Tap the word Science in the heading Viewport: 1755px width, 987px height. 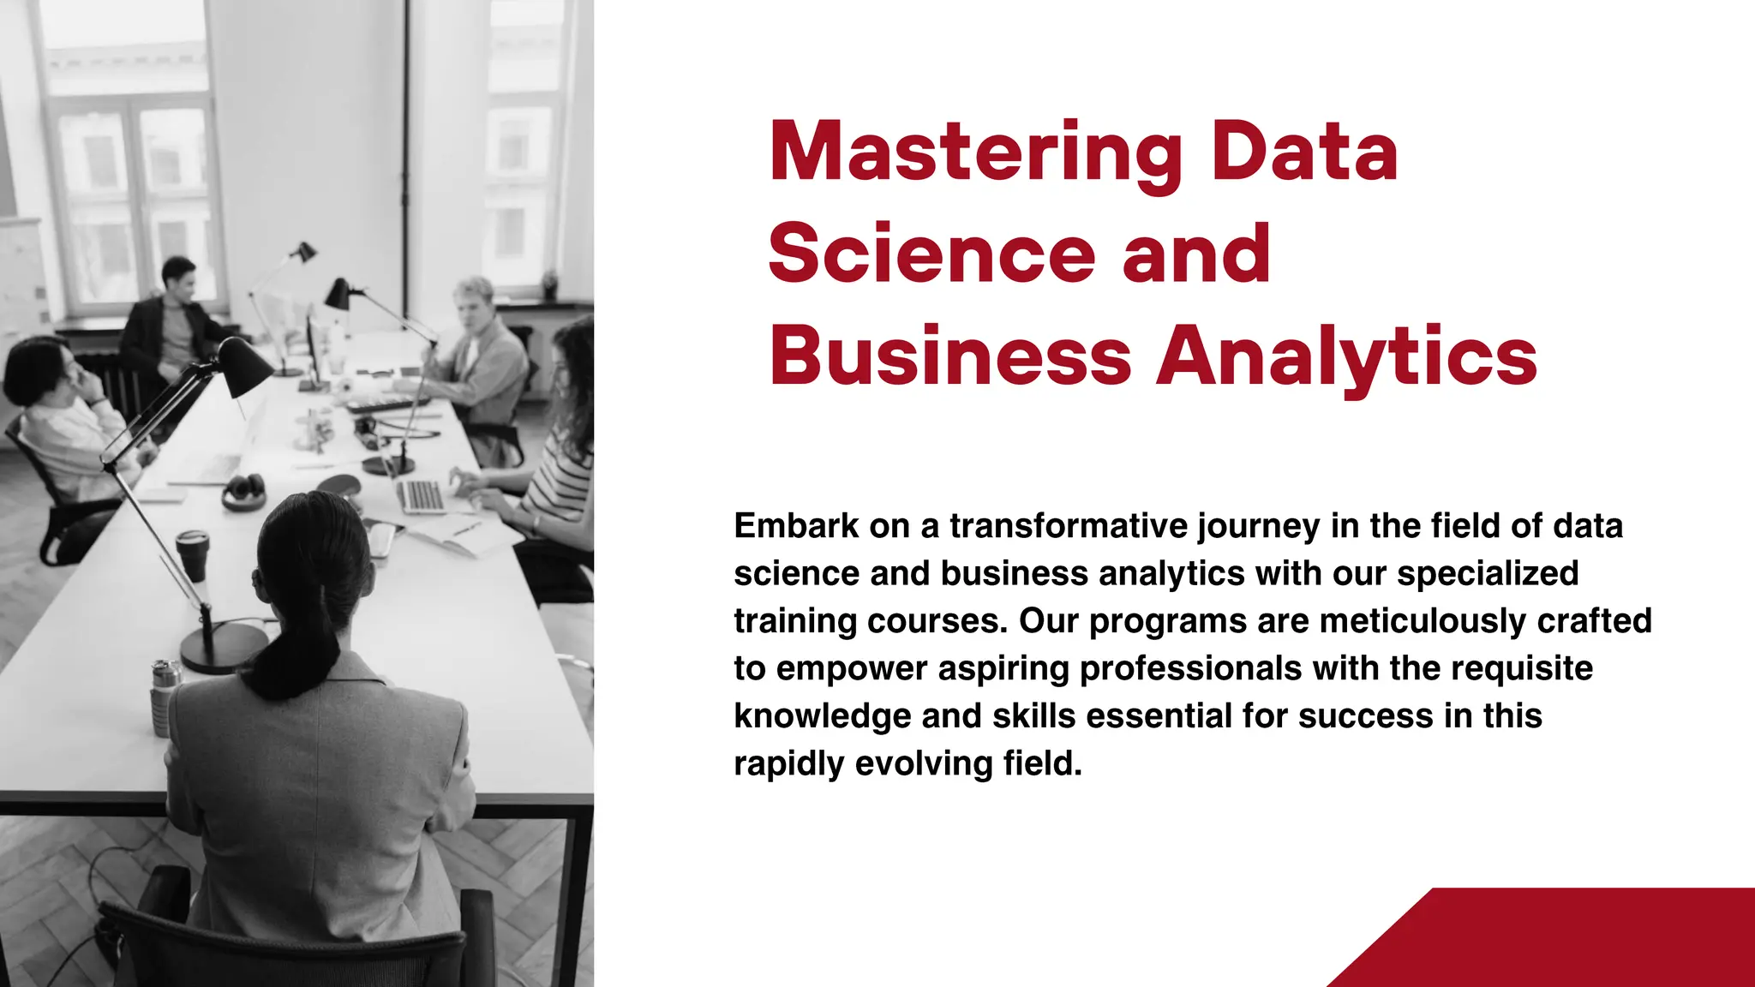click(931, 254)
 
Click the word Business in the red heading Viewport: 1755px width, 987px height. click(950, 356)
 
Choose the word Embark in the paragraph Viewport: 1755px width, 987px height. click(796, 526)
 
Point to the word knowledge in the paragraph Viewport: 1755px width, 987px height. click(822, 716)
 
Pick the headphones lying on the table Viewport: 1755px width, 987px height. click(243, 491)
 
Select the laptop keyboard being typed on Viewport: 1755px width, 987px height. click(422, 496)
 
